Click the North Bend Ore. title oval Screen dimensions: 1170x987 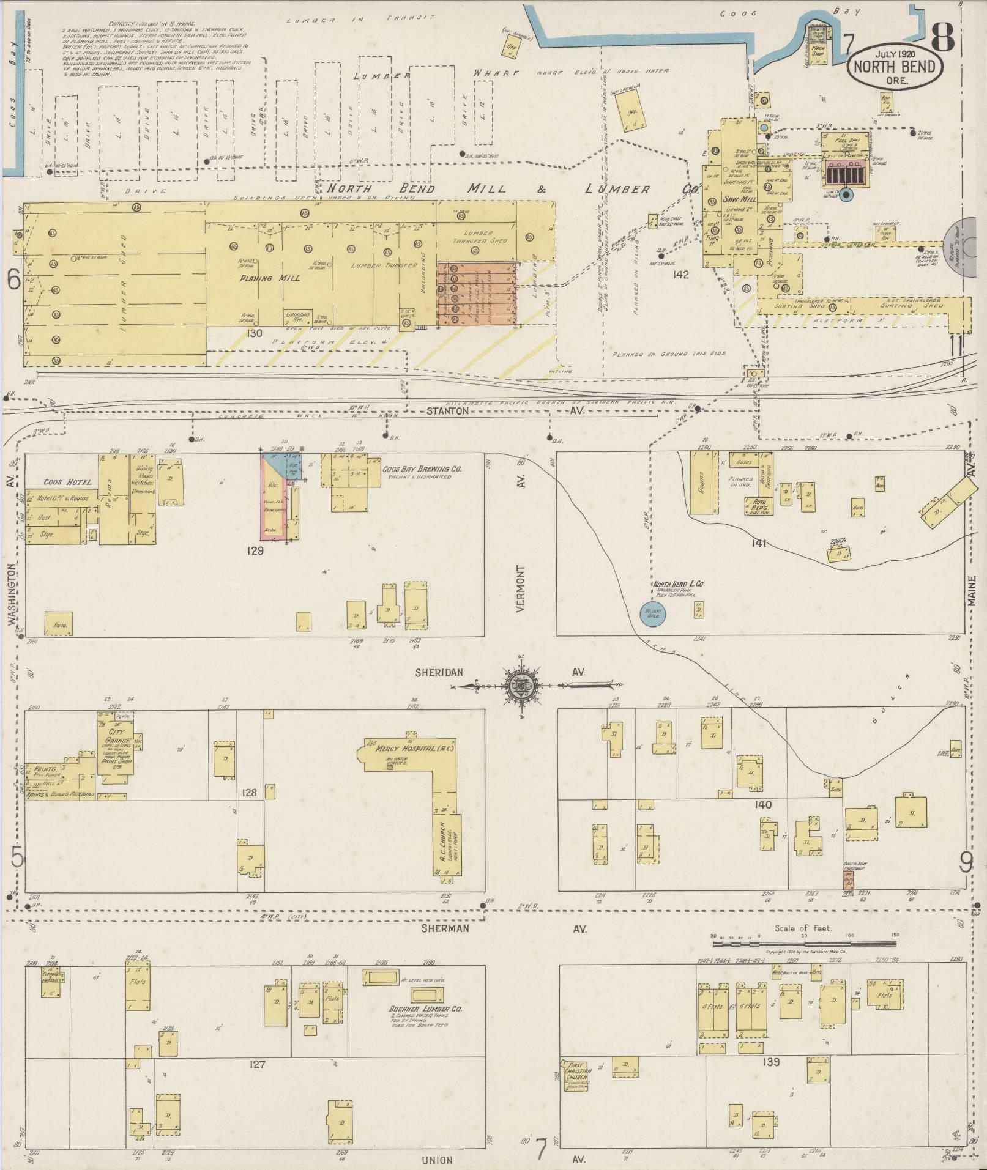(x=895, y=65)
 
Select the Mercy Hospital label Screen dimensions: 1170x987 (x=408, y=750)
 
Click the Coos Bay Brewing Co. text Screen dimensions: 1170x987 (x=422, y=469)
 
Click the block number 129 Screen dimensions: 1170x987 (x=255, y=550)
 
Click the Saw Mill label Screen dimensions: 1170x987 (x=740, y=199)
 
